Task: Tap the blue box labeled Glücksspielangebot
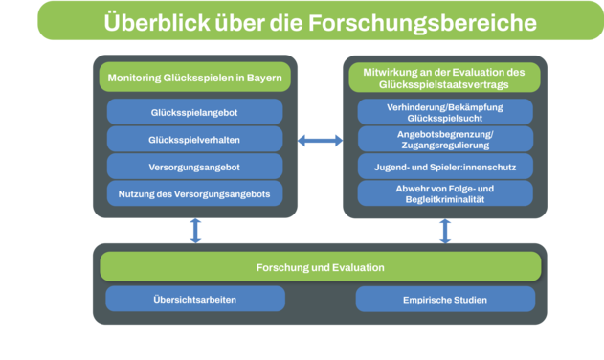point(194,111)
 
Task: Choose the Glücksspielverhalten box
point(194,139)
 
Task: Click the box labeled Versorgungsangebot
point(194,166)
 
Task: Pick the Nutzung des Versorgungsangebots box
point(194,193)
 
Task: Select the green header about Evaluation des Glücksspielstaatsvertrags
point(444,78)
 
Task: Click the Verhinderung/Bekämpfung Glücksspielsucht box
point(444,112)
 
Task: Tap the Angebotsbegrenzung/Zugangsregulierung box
point(444,139)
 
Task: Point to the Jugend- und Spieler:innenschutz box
point(444,167)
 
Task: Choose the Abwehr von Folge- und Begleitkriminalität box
point(444,193)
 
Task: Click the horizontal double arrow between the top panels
point(320,141)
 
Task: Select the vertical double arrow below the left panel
point(195,230)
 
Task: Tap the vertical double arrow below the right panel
point(444,230)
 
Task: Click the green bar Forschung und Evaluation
point(320,266)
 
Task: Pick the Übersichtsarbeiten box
point(194,299)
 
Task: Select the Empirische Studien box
point(444,299)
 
